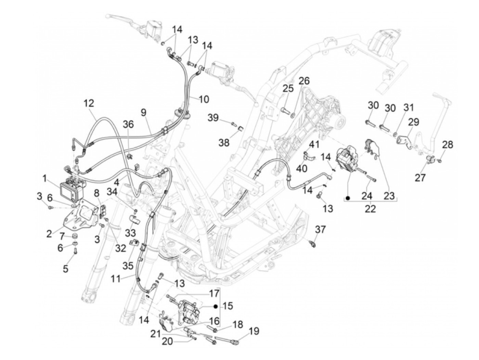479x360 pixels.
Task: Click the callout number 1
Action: pyautogui.click(x=44, y=178)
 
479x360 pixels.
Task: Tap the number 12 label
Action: pyautogui.click(x=89, y=103)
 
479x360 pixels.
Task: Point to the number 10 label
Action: pyautogui.click(x=204, y=100)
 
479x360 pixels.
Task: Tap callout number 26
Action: pyautogui.click(x=304, y=81)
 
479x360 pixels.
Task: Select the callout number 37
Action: pyautogui.click(x=321, y=229)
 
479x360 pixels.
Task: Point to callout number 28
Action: pyautogui.click(x=447, y=144)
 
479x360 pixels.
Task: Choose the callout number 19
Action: pyautogui.click(x=254, y=331)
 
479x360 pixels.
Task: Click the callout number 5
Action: pyautogui.click(x=65, y=269)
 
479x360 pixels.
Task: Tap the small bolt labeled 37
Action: pyautogui.click(x=312, y=244)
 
